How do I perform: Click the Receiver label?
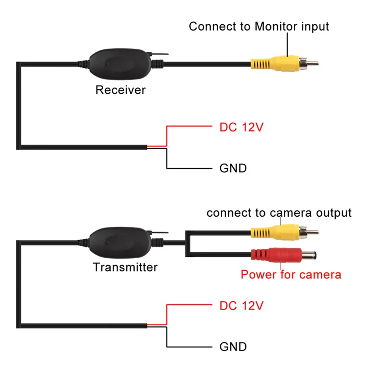120,90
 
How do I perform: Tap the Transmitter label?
125,267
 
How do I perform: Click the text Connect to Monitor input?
259,26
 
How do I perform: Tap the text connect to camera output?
278,213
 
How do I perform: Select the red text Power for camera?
291,274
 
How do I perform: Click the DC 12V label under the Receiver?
241,127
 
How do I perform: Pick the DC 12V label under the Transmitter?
241,306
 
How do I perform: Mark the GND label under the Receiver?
233,169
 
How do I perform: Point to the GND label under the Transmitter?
233,347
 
